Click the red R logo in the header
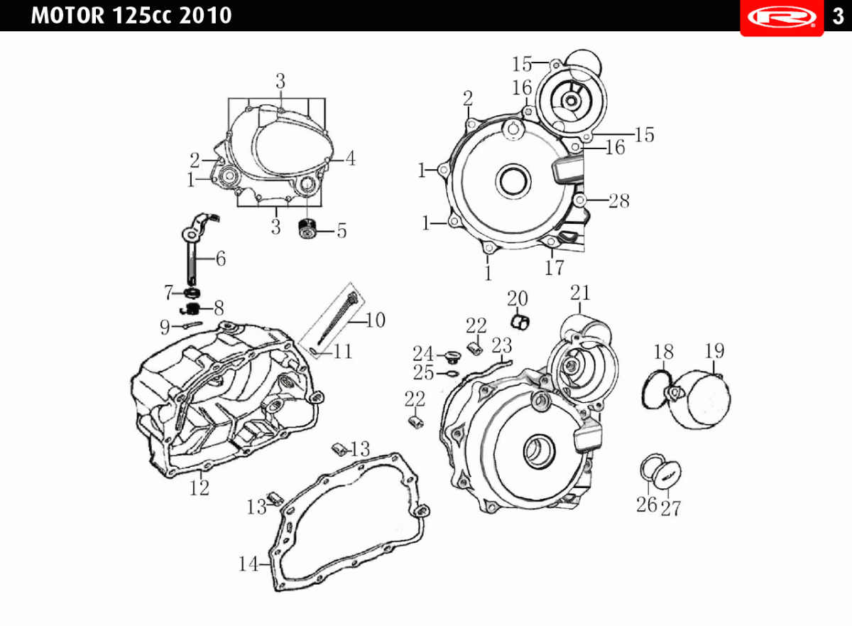pos(782,17)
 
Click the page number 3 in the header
pos(838,16)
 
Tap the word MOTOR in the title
pos(67,16)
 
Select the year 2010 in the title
pos(205,16)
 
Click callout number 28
pos(619,200)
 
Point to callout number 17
pos(555,268)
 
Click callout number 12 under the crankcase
pos(200,488)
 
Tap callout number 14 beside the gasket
pos(248,564)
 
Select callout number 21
pos(580,293)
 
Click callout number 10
pos(376,320)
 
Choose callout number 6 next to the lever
pos(221,259)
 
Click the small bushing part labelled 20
pos(520,323)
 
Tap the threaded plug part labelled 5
pos(307,229)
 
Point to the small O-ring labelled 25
pos(453,373)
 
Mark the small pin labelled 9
pos(193,325)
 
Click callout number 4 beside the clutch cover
pos(350,158)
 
